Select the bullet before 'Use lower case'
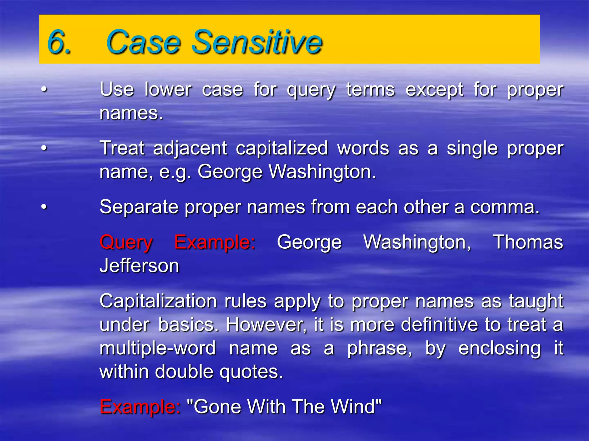(44, 89)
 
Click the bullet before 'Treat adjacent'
(44, 148)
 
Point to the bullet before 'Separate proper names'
(44, 207)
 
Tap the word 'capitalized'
(282, 149)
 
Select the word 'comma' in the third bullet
(505, 207)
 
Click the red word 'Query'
(126, 243)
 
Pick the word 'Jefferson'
(139, 266)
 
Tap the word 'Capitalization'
(158, 301)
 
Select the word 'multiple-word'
(158, 349)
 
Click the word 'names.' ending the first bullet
(131, 113)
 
